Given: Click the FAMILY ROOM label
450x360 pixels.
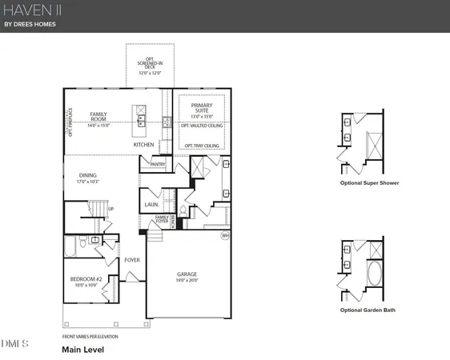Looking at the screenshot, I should tap(98, 117).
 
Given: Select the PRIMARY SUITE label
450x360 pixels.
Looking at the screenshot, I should tap(201, 109).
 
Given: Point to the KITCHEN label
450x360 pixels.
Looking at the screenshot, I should tap(143, 145).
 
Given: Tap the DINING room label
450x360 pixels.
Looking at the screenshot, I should tap(88, 178).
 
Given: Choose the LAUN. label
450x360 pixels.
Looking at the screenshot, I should tap(151, 205).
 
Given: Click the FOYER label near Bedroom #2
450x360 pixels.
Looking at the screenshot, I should tap(132, 260).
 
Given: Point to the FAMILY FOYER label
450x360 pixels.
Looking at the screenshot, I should tap(162, 218).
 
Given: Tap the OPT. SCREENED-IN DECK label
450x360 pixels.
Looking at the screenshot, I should tap(148, 65).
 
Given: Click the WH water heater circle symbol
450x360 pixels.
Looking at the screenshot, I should tap(225, 235).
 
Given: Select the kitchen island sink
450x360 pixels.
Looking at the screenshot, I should tap(140, 120).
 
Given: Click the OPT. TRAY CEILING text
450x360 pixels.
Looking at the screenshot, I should tap(200, 146).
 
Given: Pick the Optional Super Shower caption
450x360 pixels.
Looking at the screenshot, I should tap(369, 183).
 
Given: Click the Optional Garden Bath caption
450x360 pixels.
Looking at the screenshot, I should tap(367, 310).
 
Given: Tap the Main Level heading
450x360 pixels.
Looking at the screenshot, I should tap(82, 349).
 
